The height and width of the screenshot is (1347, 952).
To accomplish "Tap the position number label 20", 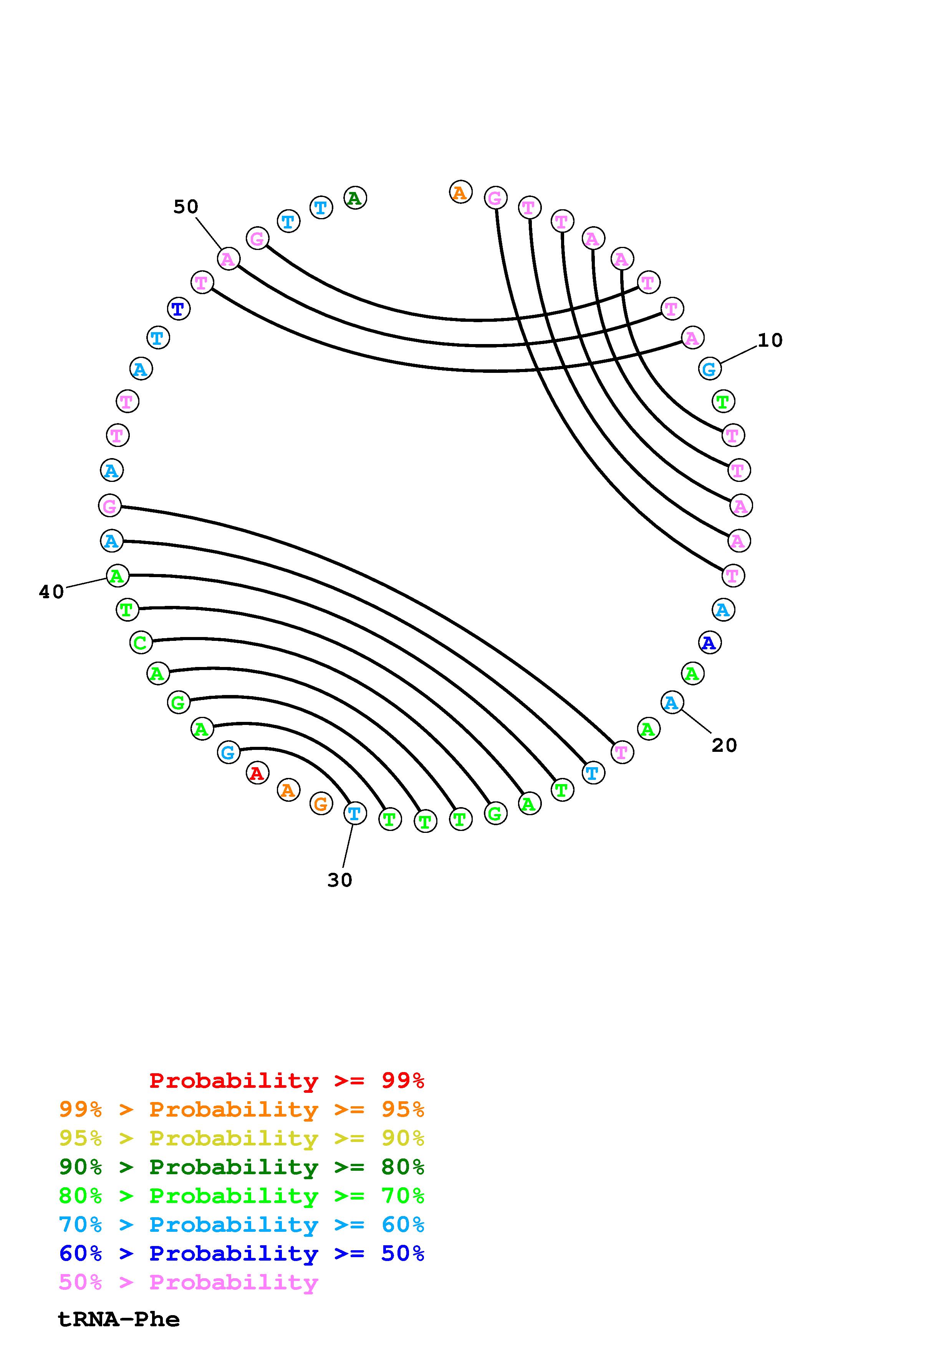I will tap(724, 745).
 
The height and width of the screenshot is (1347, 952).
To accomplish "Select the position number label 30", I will tap(339, 880).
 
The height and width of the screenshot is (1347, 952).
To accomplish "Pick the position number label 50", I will tap(186, 207).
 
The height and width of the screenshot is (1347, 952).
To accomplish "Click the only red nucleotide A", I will tap(257, 773).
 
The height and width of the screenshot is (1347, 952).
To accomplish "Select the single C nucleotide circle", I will tap(140, 642).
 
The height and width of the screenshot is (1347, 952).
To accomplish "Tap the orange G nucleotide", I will tap(321, 803).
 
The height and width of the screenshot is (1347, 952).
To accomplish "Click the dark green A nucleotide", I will tap(355, 198).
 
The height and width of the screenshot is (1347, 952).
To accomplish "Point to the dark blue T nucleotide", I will tap(178, 309).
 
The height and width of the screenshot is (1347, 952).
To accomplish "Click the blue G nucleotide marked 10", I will tap(710, 369).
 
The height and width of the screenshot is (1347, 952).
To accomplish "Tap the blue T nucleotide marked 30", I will tap(354, 814).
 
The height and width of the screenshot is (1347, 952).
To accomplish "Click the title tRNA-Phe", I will tap(119, 1319).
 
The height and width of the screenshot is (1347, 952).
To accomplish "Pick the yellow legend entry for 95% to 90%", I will tap(241, 1138).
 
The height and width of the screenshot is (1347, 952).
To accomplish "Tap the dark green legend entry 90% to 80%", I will tap(241, 1167).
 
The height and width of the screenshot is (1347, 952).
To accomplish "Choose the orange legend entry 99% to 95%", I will tap(241, 1109).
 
